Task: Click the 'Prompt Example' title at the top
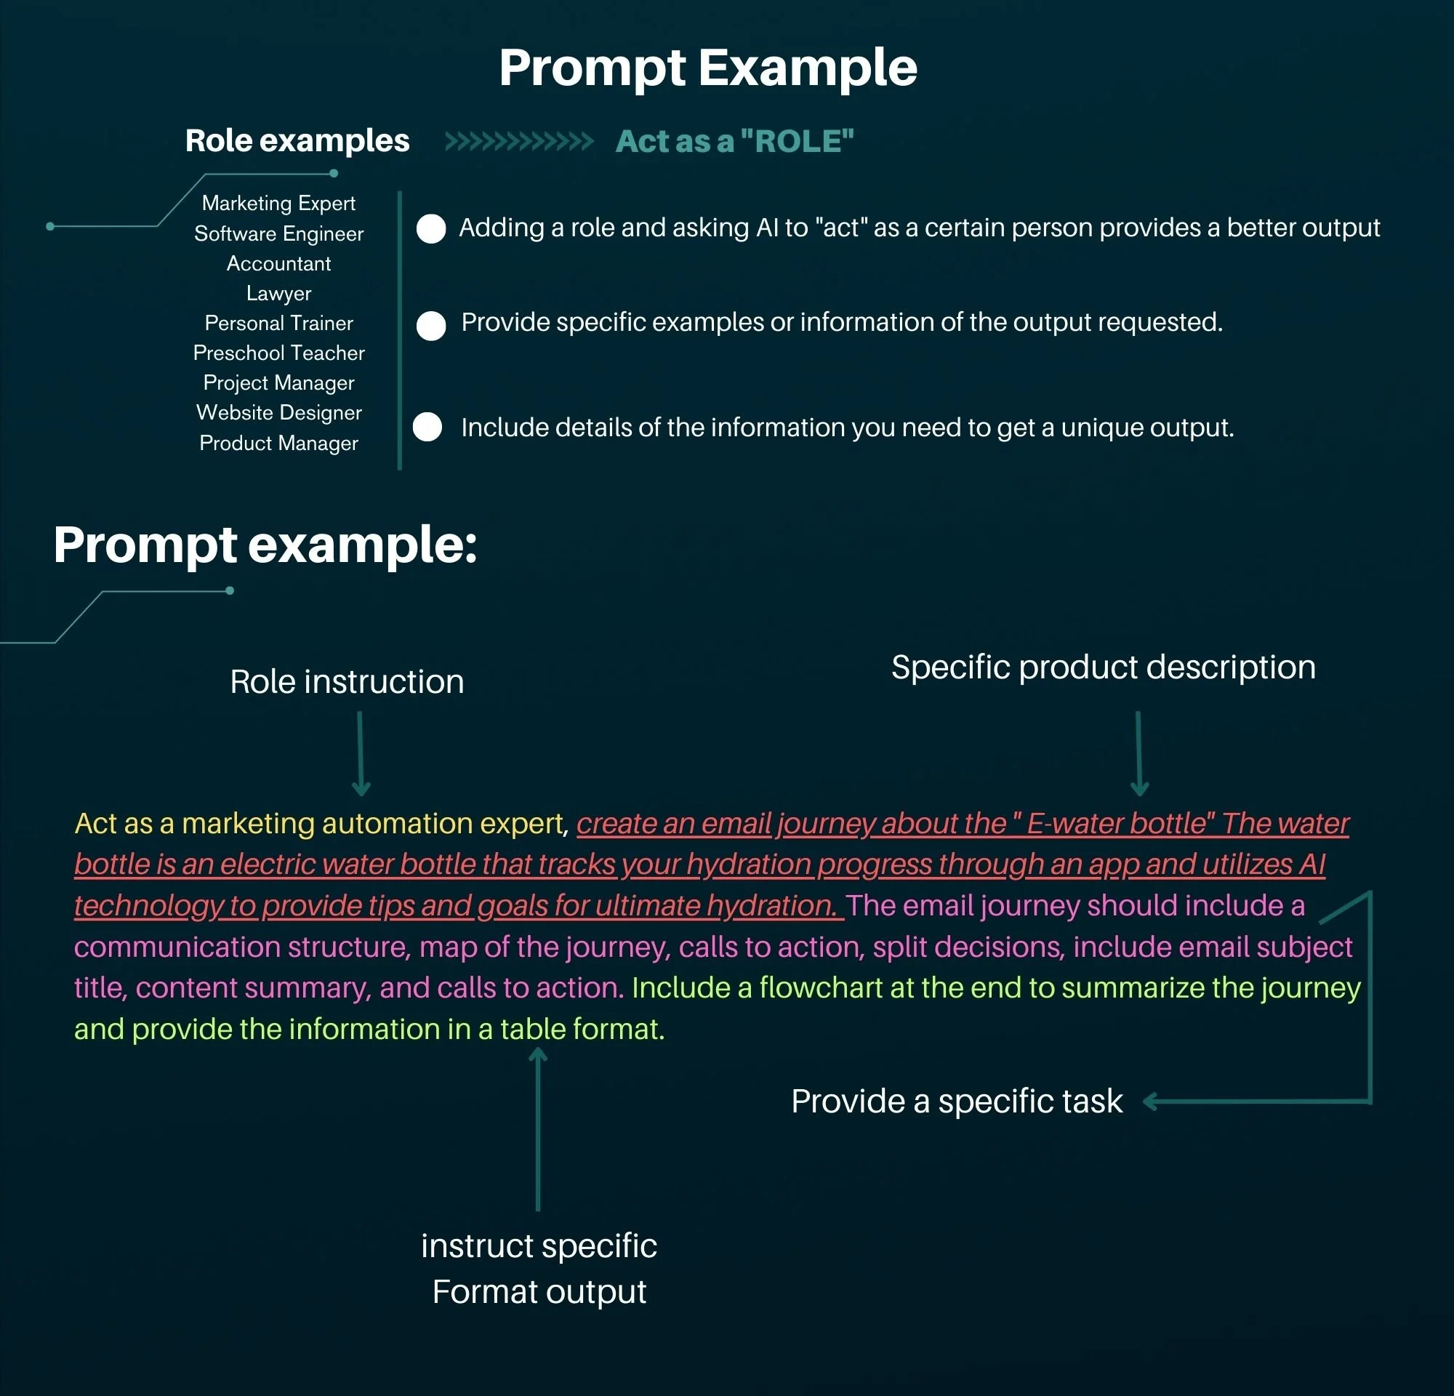pyautogui.click(x=707, y=68)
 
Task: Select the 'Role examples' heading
pyautogui.click(x=297, y=140)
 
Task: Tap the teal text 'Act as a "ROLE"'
pyautogui.click(x=734, y=141)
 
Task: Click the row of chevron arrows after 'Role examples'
pyautogui.click(x=518, y=141)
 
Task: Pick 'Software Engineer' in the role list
pyautogui.click(x=279, y=233)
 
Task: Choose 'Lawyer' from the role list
pyautogui.click(x=279, y=293)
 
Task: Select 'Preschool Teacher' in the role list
pyautogui.click(x=279, y=353)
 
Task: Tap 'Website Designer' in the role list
pyautogui.click(x=279, y=412)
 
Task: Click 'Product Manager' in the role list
pyautogui.click(x=279, y=443)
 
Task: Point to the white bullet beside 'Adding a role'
pyautogui.click(x=431, y=228)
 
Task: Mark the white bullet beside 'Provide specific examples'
pyautogui.click(x=431, y=325)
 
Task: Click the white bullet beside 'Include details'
pyautogui.click(x=427, y=427)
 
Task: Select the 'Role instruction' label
pyautogui.click(x=347, y=682)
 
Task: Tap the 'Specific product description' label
pyautogui.click(x=1103, y=667)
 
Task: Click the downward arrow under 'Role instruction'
pyautogui.click(x=361, y=753)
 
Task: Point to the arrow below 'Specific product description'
pyautogui.click(x=1138, y=753)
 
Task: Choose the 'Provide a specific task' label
pyautogui.click(x=956, y=1101)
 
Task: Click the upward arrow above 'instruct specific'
pyautogui.click(x=538, y=1128)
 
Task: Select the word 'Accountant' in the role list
pyautogui.click(x=279, y=263)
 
